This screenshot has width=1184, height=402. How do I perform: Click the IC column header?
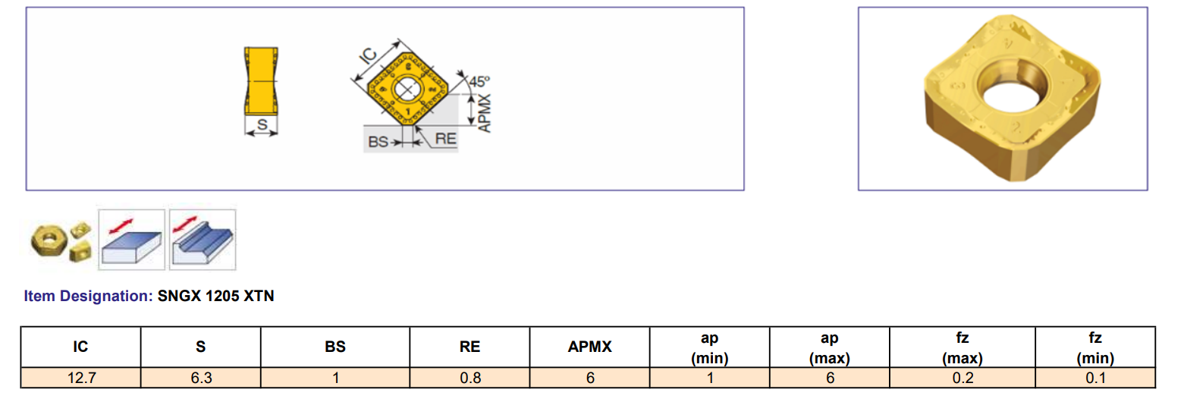[x=80, y=347]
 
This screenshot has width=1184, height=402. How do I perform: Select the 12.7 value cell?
[x=80, y=378]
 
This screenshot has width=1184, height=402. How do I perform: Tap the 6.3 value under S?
[x=201, y=378]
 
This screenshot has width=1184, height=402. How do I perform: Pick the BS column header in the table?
[x=334, y=347]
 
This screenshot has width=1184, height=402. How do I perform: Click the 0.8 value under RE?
[x=470, y=378]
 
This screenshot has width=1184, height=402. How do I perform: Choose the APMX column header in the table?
[x=590, y=347]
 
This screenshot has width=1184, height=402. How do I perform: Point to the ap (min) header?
[x=710, y=347]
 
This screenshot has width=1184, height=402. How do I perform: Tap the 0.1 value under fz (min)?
[x=1095, y=378]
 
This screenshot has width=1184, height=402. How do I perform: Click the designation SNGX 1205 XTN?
[x=215, y=297]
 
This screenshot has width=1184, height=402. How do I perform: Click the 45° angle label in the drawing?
[x=479, y=81]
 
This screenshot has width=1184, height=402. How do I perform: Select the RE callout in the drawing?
[x=445, y=140]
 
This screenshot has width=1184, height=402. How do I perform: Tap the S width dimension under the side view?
[x=262, y=126]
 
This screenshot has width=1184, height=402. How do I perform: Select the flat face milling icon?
[x=132, y=238]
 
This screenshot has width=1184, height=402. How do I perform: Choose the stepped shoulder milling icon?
[x=202, y=238]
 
